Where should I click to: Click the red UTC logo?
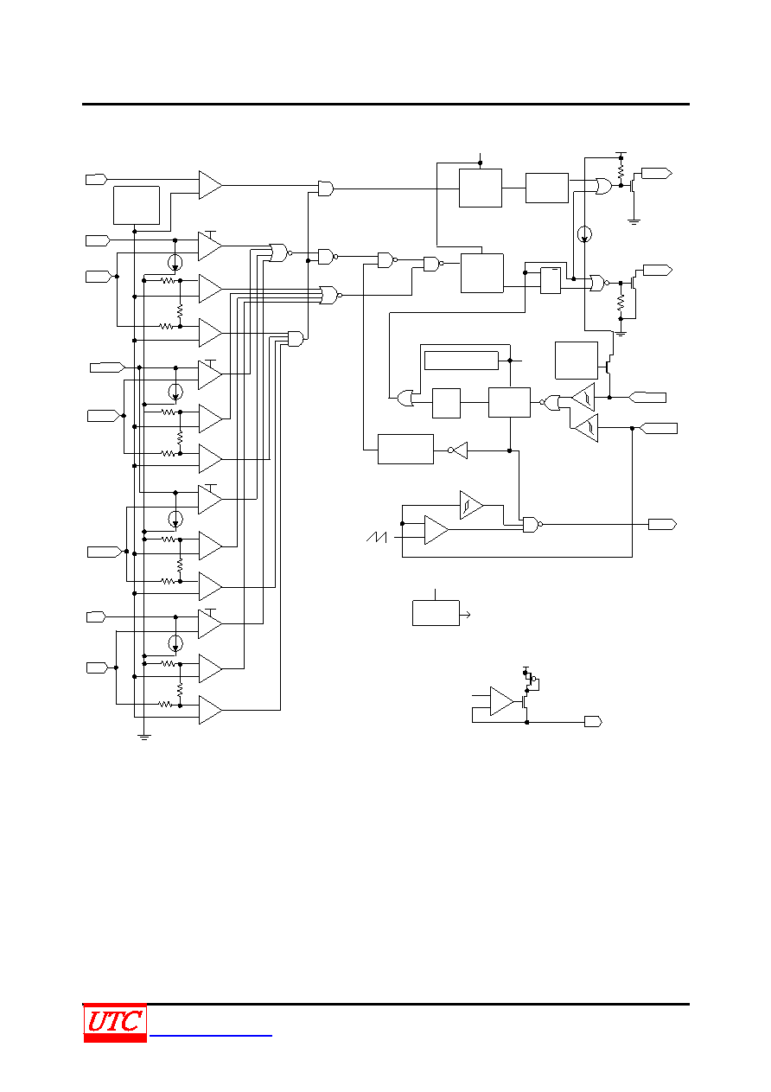click(115, 1023)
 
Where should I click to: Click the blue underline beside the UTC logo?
click(211, 1036)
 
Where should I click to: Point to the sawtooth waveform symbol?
click(376, 537)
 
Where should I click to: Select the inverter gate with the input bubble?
click(457, 450)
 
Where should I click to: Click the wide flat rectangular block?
click(461, 361)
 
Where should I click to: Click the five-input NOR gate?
click(330, 295)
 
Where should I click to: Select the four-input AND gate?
click(296, 339)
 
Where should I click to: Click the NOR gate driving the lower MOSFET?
click(598, 283)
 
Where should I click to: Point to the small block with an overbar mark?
click(551, 280)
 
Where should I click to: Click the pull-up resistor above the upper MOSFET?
click(621, 171)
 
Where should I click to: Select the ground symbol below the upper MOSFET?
click(634, 222)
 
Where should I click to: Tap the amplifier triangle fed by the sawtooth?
click(436, 530)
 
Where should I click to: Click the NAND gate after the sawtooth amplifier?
click(532, 525)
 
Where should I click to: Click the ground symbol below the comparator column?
click(143, 738)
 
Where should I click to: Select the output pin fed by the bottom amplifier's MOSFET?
click(594, 721)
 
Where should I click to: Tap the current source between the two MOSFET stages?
click(584, 234)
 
